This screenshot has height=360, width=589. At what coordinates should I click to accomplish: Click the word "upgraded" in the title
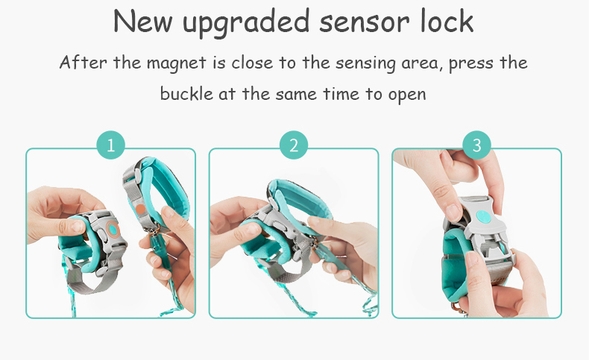247,22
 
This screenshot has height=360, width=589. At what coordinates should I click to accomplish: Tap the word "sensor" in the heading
365,22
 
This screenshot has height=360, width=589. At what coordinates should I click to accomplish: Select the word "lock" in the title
447,20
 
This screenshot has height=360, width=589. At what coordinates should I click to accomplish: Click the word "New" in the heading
142,21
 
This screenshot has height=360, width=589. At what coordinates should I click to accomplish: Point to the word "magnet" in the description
176,63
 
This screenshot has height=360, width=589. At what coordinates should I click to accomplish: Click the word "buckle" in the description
186,92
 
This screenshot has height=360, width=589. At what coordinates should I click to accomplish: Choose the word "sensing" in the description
365,63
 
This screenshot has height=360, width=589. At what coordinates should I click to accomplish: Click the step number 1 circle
110,145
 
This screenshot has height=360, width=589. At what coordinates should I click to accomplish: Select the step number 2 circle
294,145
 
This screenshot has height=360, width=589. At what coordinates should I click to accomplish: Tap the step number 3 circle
476,145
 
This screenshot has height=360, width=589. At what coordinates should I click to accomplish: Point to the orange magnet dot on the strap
140,209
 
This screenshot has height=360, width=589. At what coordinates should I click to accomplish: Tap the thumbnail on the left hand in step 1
77,226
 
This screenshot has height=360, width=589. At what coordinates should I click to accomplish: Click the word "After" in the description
83,62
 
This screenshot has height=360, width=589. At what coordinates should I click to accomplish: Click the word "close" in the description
252,63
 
